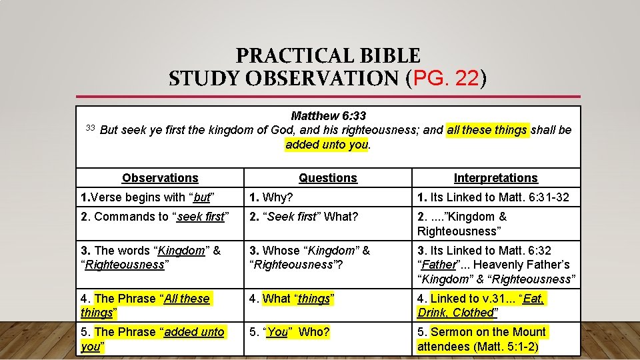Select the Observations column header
tap(160, 178)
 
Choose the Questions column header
tap(328, 178)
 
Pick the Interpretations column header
tap(495, 178)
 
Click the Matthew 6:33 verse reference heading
tap(328, 116)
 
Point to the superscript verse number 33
tap(91, 127)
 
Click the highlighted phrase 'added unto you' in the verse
tap(327, 144)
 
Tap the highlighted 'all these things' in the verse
tap(487, 130)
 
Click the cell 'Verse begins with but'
tap(147, 197)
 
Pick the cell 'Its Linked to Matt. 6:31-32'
tap(493, 197)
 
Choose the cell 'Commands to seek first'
tap(154, 217)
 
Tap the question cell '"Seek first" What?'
tap(303, 217)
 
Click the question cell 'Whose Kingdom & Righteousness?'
tap(309, 257)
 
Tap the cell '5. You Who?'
tap(289, 332)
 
